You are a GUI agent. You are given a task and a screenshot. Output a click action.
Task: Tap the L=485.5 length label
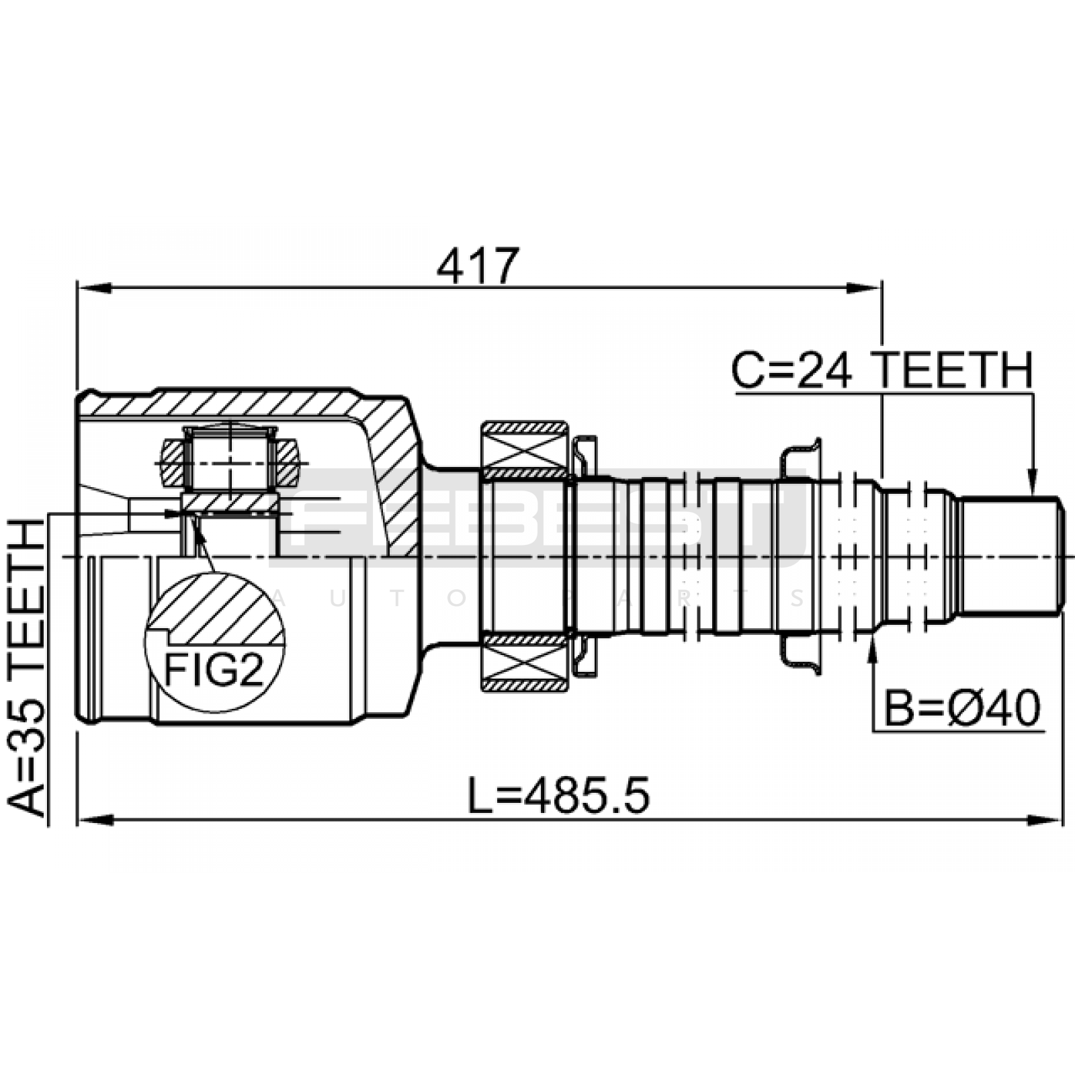[x=558, y=797]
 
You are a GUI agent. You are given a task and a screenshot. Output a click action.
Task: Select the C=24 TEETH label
[x=882, y=370]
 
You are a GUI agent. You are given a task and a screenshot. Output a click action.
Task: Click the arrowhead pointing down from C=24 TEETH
[x=1033, y=480]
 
